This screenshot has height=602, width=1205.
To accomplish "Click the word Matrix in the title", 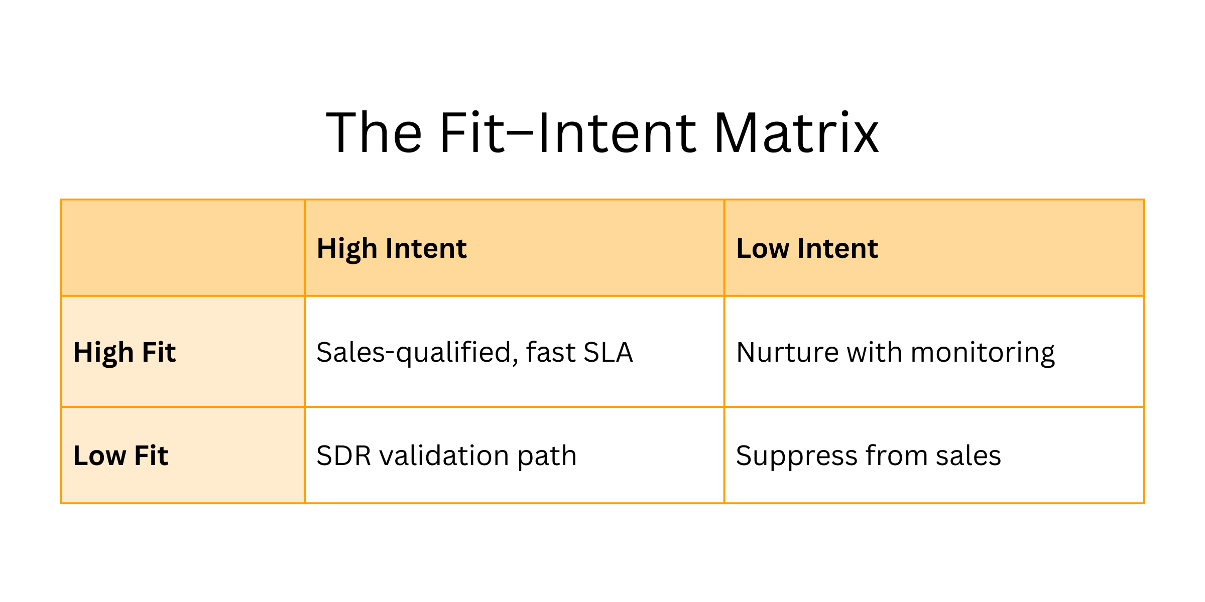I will coord(796,133).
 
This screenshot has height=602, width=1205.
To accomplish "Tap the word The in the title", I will coord(374,133).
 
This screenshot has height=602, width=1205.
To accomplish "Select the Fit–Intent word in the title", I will coord(568,133).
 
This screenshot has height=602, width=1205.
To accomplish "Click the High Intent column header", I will coord(392,248).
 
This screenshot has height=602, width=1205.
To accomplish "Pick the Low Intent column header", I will coord(807,248).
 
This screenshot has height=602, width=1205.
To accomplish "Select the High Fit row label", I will coord(125,352).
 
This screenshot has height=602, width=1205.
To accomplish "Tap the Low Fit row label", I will coord(120,456).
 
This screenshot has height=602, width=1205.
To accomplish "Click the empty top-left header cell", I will coord(183,248).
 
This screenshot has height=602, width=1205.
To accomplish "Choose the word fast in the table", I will coord(551,352).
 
